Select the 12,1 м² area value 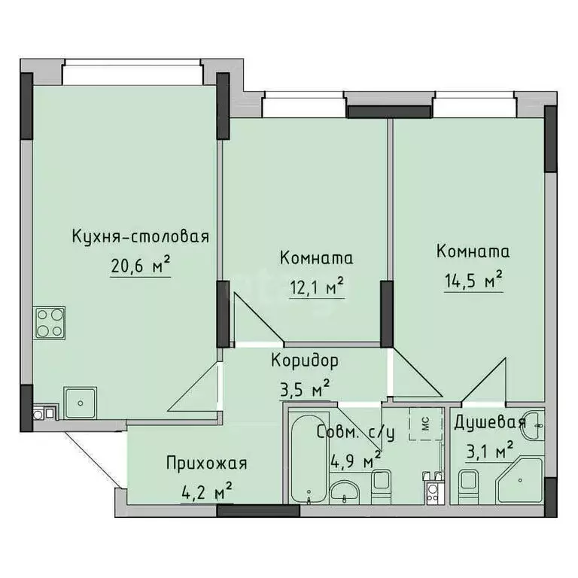(x=315, y=287)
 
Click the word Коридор (x=305, y=360)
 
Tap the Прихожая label (x=206, y=463)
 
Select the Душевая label (x=488, y=422)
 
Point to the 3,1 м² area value (x=488, y=450)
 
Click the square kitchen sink (x=79, y=403)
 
